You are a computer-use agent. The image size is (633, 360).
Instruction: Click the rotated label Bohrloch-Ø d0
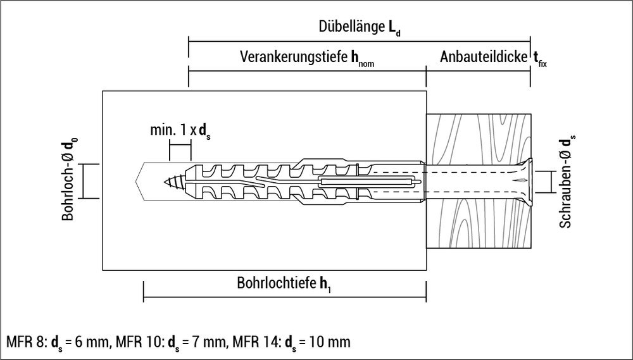68,180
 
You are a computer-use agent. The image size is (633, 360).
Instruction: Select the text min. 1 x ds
180,131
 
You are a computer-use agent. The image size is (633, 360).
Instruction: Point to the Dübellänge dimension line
359,41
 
